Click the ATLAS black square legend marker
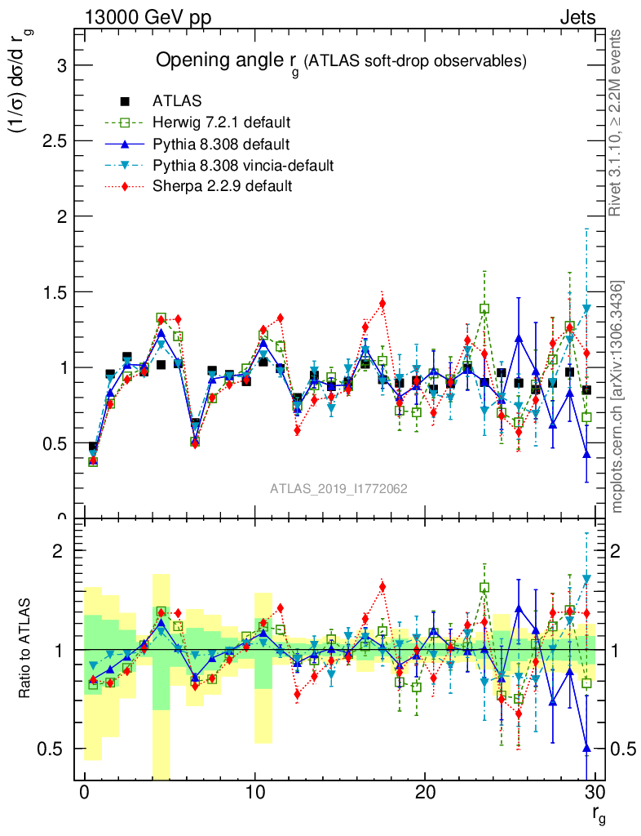125,102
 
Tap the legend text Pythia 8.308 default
221,145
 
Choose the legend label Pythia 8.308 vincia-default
243,166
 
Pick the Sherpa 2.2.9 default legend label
223,186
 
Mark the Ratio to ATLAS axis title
26,650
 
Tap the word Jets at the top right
577,17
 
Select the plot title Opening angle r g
342,61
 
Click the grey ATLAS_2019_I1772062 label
338,488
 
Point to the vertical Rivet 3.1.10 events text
617,122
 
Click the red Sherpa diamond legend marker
125,186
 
